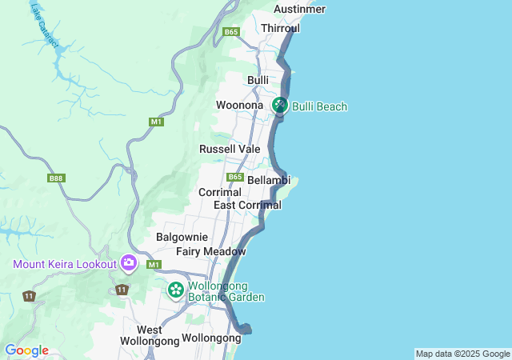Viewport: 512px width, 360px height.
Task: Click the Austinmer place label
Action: click(x=299, y=9)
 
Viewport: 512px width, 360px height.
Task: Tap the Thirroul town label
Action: click(x=280, y=28)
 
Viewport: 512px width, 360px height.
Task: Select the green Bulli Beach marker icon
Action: click(x=280, y=105)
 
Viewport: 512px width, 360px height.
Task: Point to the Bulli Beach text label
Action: click(x=320, y=106)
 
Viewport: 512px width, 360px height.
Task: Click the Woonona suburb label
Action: click(x=239, y=106)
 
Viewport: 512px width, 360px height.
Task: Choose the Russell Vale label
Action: click(x=230, y=149)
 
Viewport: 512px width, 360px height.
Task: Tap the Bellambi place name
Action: click(x=267, y=181)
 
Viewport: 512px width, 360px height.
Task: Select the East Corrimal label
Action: click(x=247, y=206)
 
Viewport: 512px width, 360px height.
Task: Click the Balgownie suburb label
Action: click(x=182, y=237)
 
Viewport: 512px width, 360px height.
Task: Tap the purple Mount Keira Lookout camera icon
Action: click(x=128, y=262)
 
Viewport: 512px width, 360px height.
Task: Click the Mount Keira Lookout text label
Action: click(x=64, y=264)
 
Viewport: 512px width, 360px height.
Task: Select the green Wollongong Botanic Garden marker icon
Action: click(x=175, y=290)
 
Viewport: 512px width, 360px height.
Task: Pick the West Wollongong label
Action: click(x=149, y=335)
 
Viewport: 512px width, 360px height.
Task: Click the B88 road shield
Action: click(x=56, y=178)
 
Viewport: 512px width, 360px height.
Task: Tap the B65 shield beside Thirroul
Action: click(x=231, y=32)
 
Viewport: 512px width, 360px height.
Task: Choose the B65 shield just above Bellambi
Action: click(x=234, y=177)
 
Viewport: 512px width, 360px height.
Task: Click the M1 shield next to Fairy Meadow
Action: click(x=154, y=265)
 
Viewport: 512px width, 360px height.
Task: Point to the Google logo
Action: click(x=26, y=350)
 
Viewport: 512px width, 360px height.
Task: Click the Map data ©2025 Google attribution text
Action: click(x=462, y=354)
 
